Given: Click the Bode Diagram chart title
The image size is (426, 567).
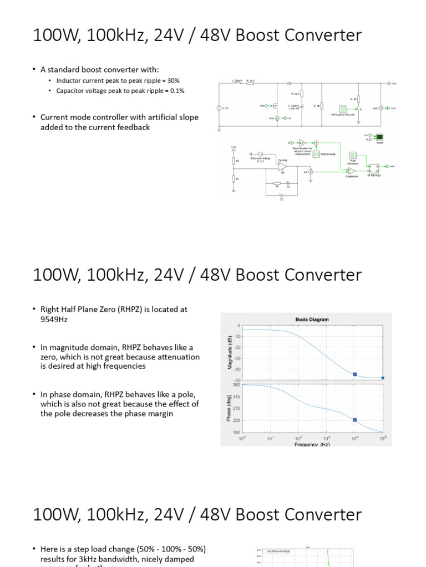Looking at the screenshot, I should [311, 319].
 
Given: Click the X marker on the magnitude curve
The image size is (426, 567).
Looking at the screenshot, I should [355, 374].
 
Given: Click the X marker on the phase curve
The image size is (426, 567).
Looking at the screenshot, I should [355, 420].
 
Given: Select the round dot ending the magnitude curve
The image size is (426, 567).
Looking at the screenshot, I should [383, 378].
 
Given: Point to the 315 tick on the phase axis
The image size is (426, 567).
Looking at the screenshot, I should [237, 396].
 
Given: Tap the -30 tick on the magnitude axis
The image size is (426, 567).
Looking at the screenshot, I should [237, 359].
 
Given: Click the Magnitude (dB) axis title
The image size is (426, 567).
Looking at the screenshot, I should [228, 352].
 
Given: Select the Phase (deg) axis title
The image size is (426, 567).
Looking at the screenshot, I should [228, 409].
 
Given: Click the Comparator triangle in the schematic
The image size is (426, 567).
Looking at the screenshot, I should [351, 171].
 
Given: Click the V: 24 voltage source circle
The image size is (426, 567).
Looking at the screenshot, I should [220, 108].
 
